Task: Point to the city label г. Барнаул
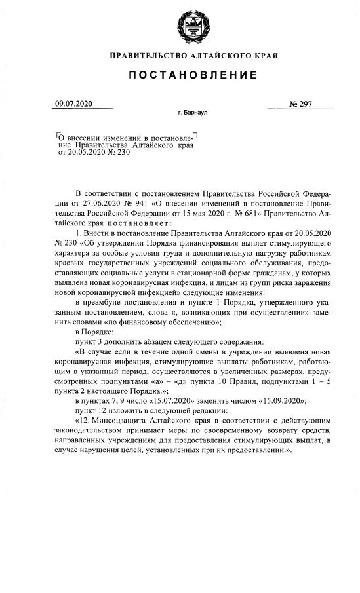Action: coord(192,113)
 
